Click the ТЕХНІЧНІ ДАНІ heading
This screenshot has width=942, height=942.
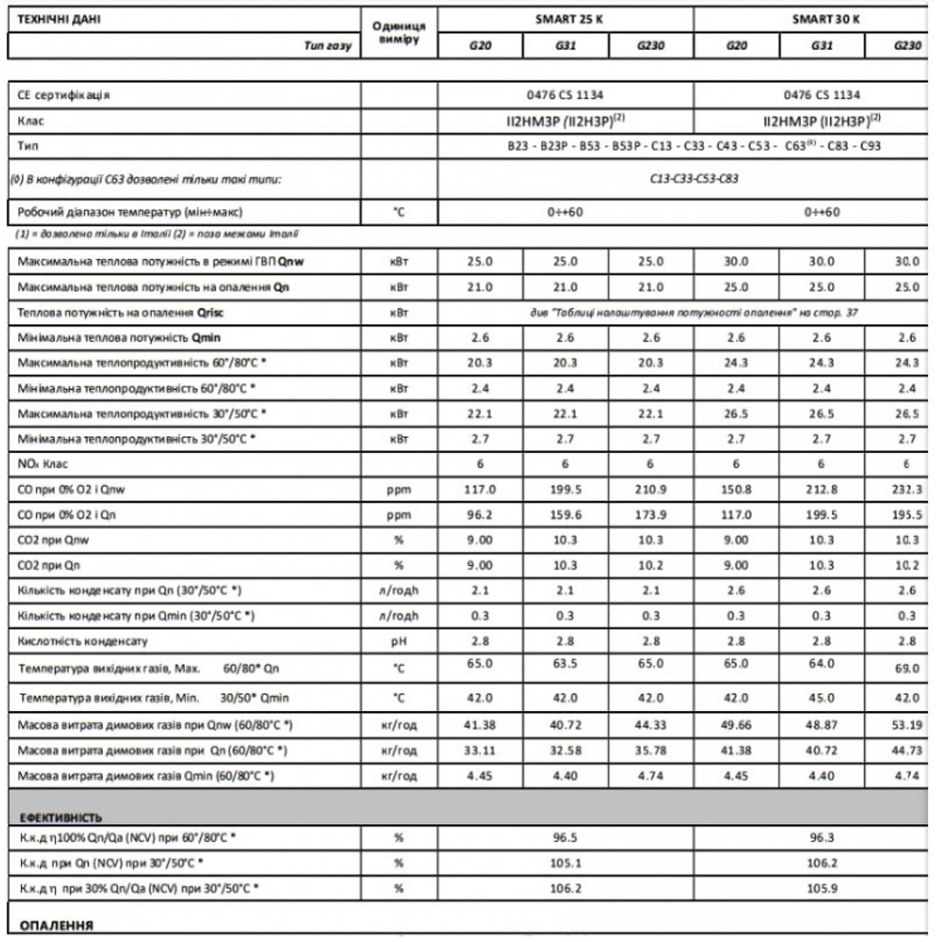[x=59, y=20]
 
